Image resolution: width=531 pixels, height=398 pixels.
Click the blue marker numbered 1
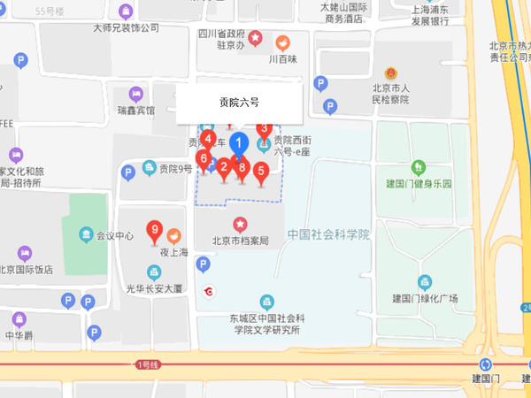tap(238, 143)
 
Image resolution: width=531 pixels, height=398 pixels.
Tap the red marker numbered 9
tap(155, 233)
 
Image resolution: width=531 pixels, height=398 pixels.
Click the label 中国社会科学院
tap(328, 234)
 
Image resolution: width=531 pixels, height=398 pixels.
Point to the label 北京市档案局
tap(240, 241)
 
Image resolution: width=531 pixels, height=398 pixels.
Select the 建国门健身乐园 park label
tap(419, 184)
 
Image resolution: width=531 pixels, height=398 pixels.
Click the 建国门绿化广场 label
tap(425, 298)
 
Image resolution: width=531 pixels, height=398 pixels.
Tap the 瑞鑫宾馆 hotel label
tap(135, 111)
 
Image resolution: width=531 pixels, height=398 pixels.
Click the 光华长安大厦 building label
tap(154, 288)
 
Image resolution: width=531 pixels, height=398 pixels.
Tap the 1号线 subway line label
tap(147, 364)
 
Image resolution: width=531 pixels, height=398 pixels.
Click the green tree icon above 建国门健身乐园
tap(419, 166)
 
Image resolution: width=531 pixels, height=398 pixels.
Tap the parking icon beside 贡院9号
tap(129, 172)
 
